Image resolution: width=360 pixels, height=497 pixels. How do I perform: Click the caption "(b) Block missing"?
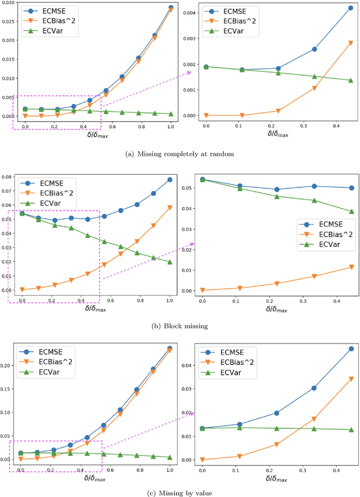[x=180, y=326]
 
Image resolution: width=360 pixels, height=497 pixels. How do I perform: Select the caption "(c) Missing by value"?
[x=180, y=493]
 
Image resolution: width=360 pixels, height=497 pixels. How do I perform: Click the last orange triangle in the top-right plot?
[x=350, y=43]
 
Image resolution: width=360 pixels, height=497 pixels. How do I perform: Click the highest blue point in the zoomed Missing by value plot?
[x=350, y=349]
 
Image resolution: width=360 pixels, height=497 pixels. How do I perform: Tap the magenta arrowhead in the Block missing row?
[x=192, y=244]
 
